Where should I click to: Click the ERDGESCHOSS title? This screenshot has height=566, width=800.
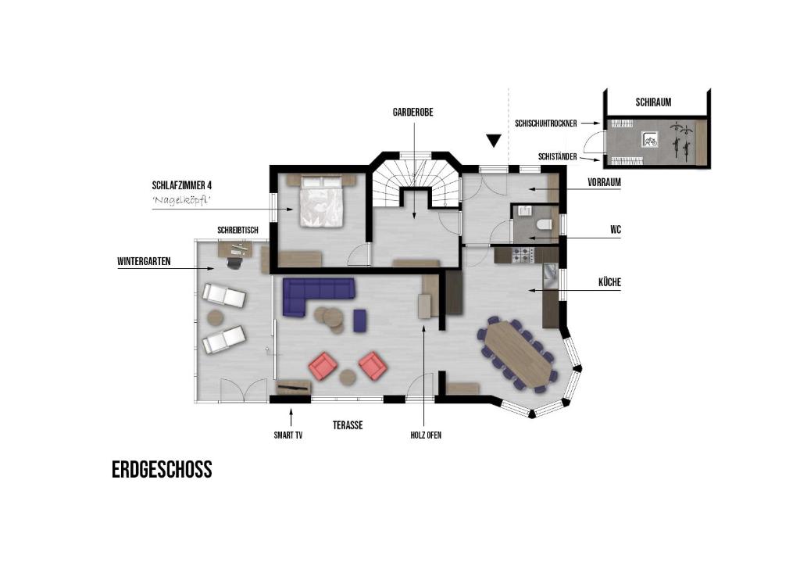point(162,470)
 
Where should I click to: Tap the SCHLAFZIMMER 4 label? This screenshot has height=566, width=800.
point(181,184)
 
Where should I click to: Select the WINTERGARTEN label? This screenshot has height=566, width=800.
point(144,261)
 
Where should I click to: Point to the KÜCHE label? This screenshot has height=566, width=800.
point(609,282)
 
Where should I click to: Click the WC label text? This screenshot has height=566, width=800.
point(616,230)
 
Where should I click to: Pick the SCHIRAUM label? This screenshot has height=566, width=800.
point(654,102)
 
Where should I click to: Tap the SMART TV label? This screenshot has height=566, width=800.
point(288,435)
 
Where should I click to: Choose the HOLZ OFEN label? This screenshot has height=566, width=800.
point(426,435)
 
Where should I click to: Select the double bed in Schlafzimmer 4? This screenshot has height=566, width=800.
point(321,201)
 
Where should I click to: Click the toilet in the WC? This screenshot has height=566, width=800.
point(545,224)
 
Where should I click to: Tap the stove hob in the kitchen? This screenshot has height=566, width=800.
point(523,255)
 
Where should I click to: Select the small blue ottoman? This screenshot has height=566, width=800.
point(359,320)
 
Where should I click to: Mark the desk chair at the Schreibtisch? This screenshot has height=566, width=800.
point(234,262)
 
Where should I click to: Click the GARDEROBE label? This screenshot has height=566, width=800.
point(412,113)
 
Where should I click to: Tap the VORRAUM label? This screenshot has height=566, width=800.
point(604,182)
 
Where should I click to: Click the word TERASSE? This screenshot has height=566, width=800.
point(348,425)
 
